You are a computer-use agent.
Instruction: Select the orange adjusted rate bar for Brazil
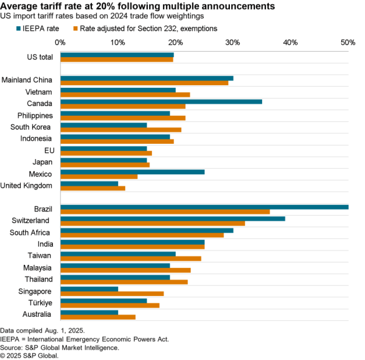[165, 211]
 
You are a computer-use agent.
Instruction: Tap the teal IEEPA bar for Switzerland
[173, 219]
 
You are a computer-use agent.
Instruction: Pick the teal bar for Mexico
[133, 171]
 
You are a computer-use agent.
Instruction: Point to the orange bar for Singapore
[112, 294]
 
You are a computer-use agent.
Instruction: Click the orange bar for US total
[117, 60]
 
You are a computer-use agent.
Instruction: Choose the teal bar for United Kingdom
[89, 183]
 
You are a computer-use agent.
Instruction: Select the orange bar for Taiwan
[131, 258]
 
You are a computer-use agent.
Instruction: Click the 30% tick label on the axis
[232, 42]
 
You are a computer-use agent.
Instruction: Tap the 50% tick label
[348, 42]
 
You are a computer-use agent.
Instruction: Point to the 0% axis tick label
[60, 42]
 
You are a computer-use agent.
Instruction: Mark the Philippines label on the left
[35, 115]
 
